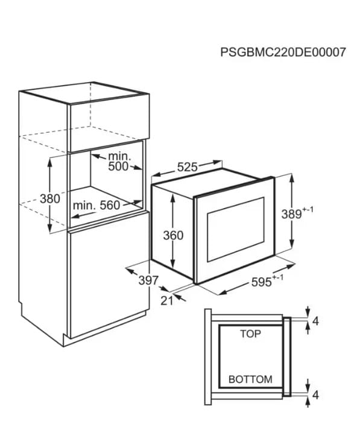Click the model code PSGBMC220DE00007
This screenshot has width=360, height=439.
click(283, 52)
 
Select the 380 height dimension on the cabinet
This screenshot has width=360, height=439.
click(50, 199)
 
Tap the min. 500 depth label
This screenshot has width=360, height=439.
click(118, 162)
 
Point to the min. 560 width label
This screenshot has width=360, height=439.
click(96, 206)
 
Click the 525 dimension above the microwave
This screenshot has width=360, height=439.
click(188, 167)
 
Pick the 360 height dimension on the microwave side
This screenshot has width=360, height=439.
click(173, 235)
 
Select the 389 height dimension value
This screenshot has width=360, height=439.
click(292, 214)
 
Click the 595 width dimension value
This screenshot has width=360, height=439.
click(262, 282)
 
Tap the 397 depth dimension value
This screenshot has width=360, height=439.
click(149, 280)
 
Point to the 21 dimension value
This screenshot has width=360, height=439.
click(167, 300)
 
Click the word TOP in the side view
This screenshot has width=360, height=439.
click(250, 333)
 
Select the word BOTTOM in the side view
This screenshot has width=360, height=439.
click(250, 379)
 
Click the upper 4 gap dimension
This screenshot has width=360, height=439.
click(315, 321)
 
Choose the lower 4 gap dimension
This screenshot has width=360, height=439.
click(315, 395)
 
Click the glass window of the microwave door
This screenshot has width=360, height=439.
click(235, 229)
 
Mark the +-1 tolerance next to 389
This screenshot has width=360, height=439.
click(308, 210)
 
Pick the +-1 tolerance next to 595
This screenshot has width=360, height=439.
click(278, 277)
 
